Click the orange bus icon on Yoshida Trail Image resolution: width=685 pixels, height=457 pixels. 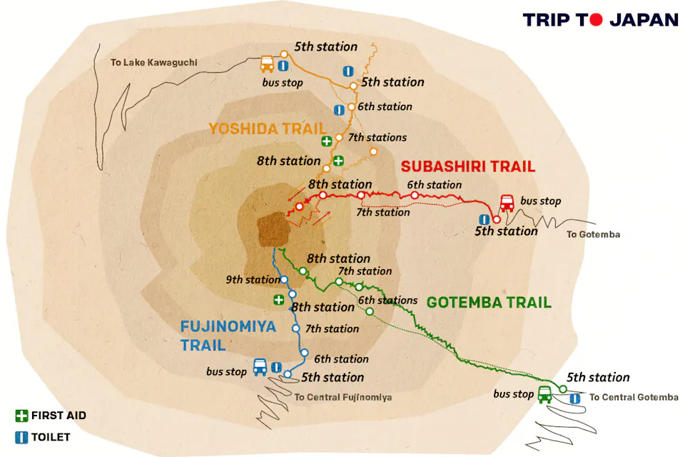[267, 64]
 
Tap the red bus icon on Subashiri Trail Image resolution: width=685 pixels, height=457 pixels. [507, 204]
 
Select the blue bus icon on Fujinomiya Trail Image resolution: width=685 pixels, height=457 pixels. [260, 368]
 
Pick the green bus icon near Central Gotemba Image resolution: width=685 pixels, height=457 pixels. [545, 393]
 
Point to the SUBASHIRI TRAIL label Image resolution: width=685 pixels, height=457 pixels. [467, 167]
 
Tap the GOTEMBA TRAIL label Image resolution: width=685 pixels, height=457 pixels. [489, 303]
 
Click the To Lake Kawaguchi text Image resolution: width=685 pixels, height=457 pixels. [153, 63]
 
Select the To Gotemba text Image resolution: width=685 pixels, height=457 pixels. [593, 234]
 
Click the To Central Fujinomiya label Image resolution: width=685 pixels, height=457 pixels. [343, 397]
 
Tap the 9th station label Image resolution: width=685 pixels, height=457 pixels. [253, 280]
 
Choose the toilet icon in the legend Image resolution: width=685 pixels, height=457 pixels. [21, 436]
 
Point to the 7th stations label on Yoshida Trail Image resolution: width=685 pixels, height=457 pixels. [377, 137]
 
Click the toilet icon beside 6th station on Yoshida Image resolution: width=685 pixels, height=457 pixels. [340, 109]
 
